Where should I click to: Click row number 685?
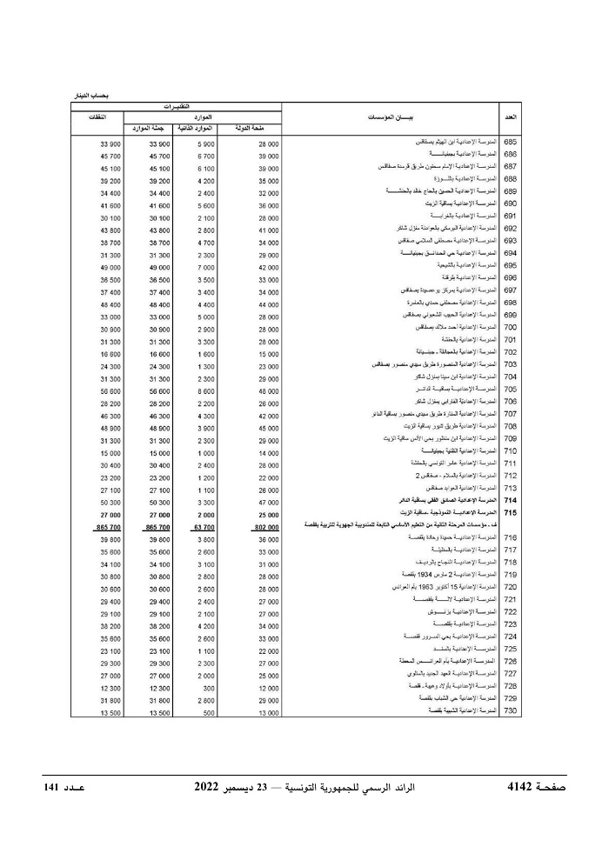point(511,142)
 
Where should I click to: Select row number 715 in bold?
point(511,514)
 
